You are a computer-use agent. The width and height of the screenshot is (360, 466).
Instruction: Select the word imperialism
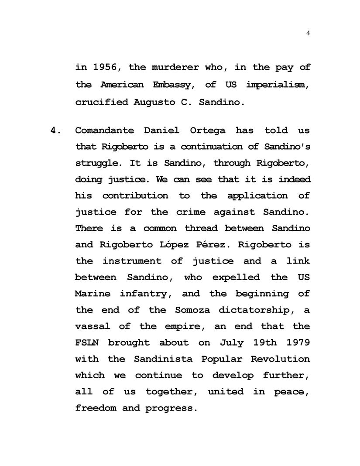(x=278, y=84)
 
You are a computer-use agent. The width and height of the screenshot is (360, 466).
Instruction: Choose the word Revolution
(x=280, y=359)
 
